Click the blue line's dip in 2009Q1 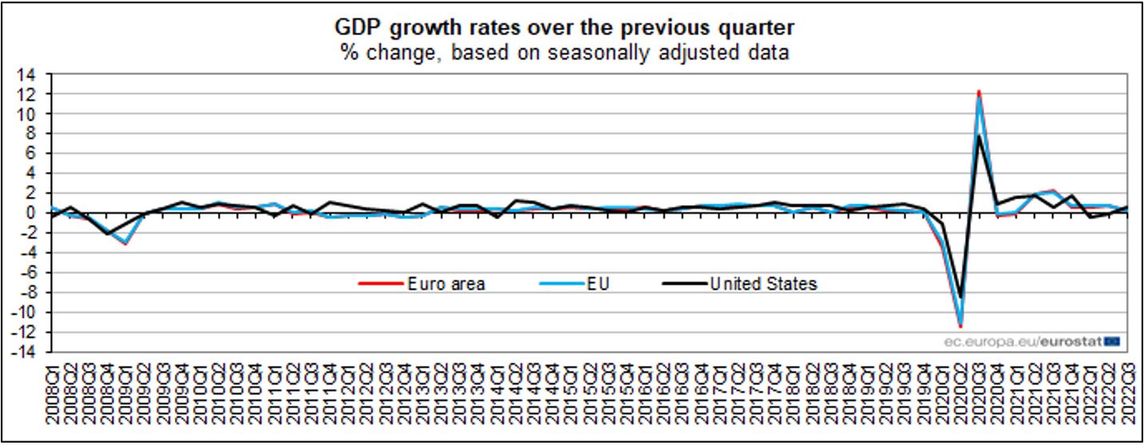tap(125, 243)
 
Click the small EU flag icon tap(1112, 341)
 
